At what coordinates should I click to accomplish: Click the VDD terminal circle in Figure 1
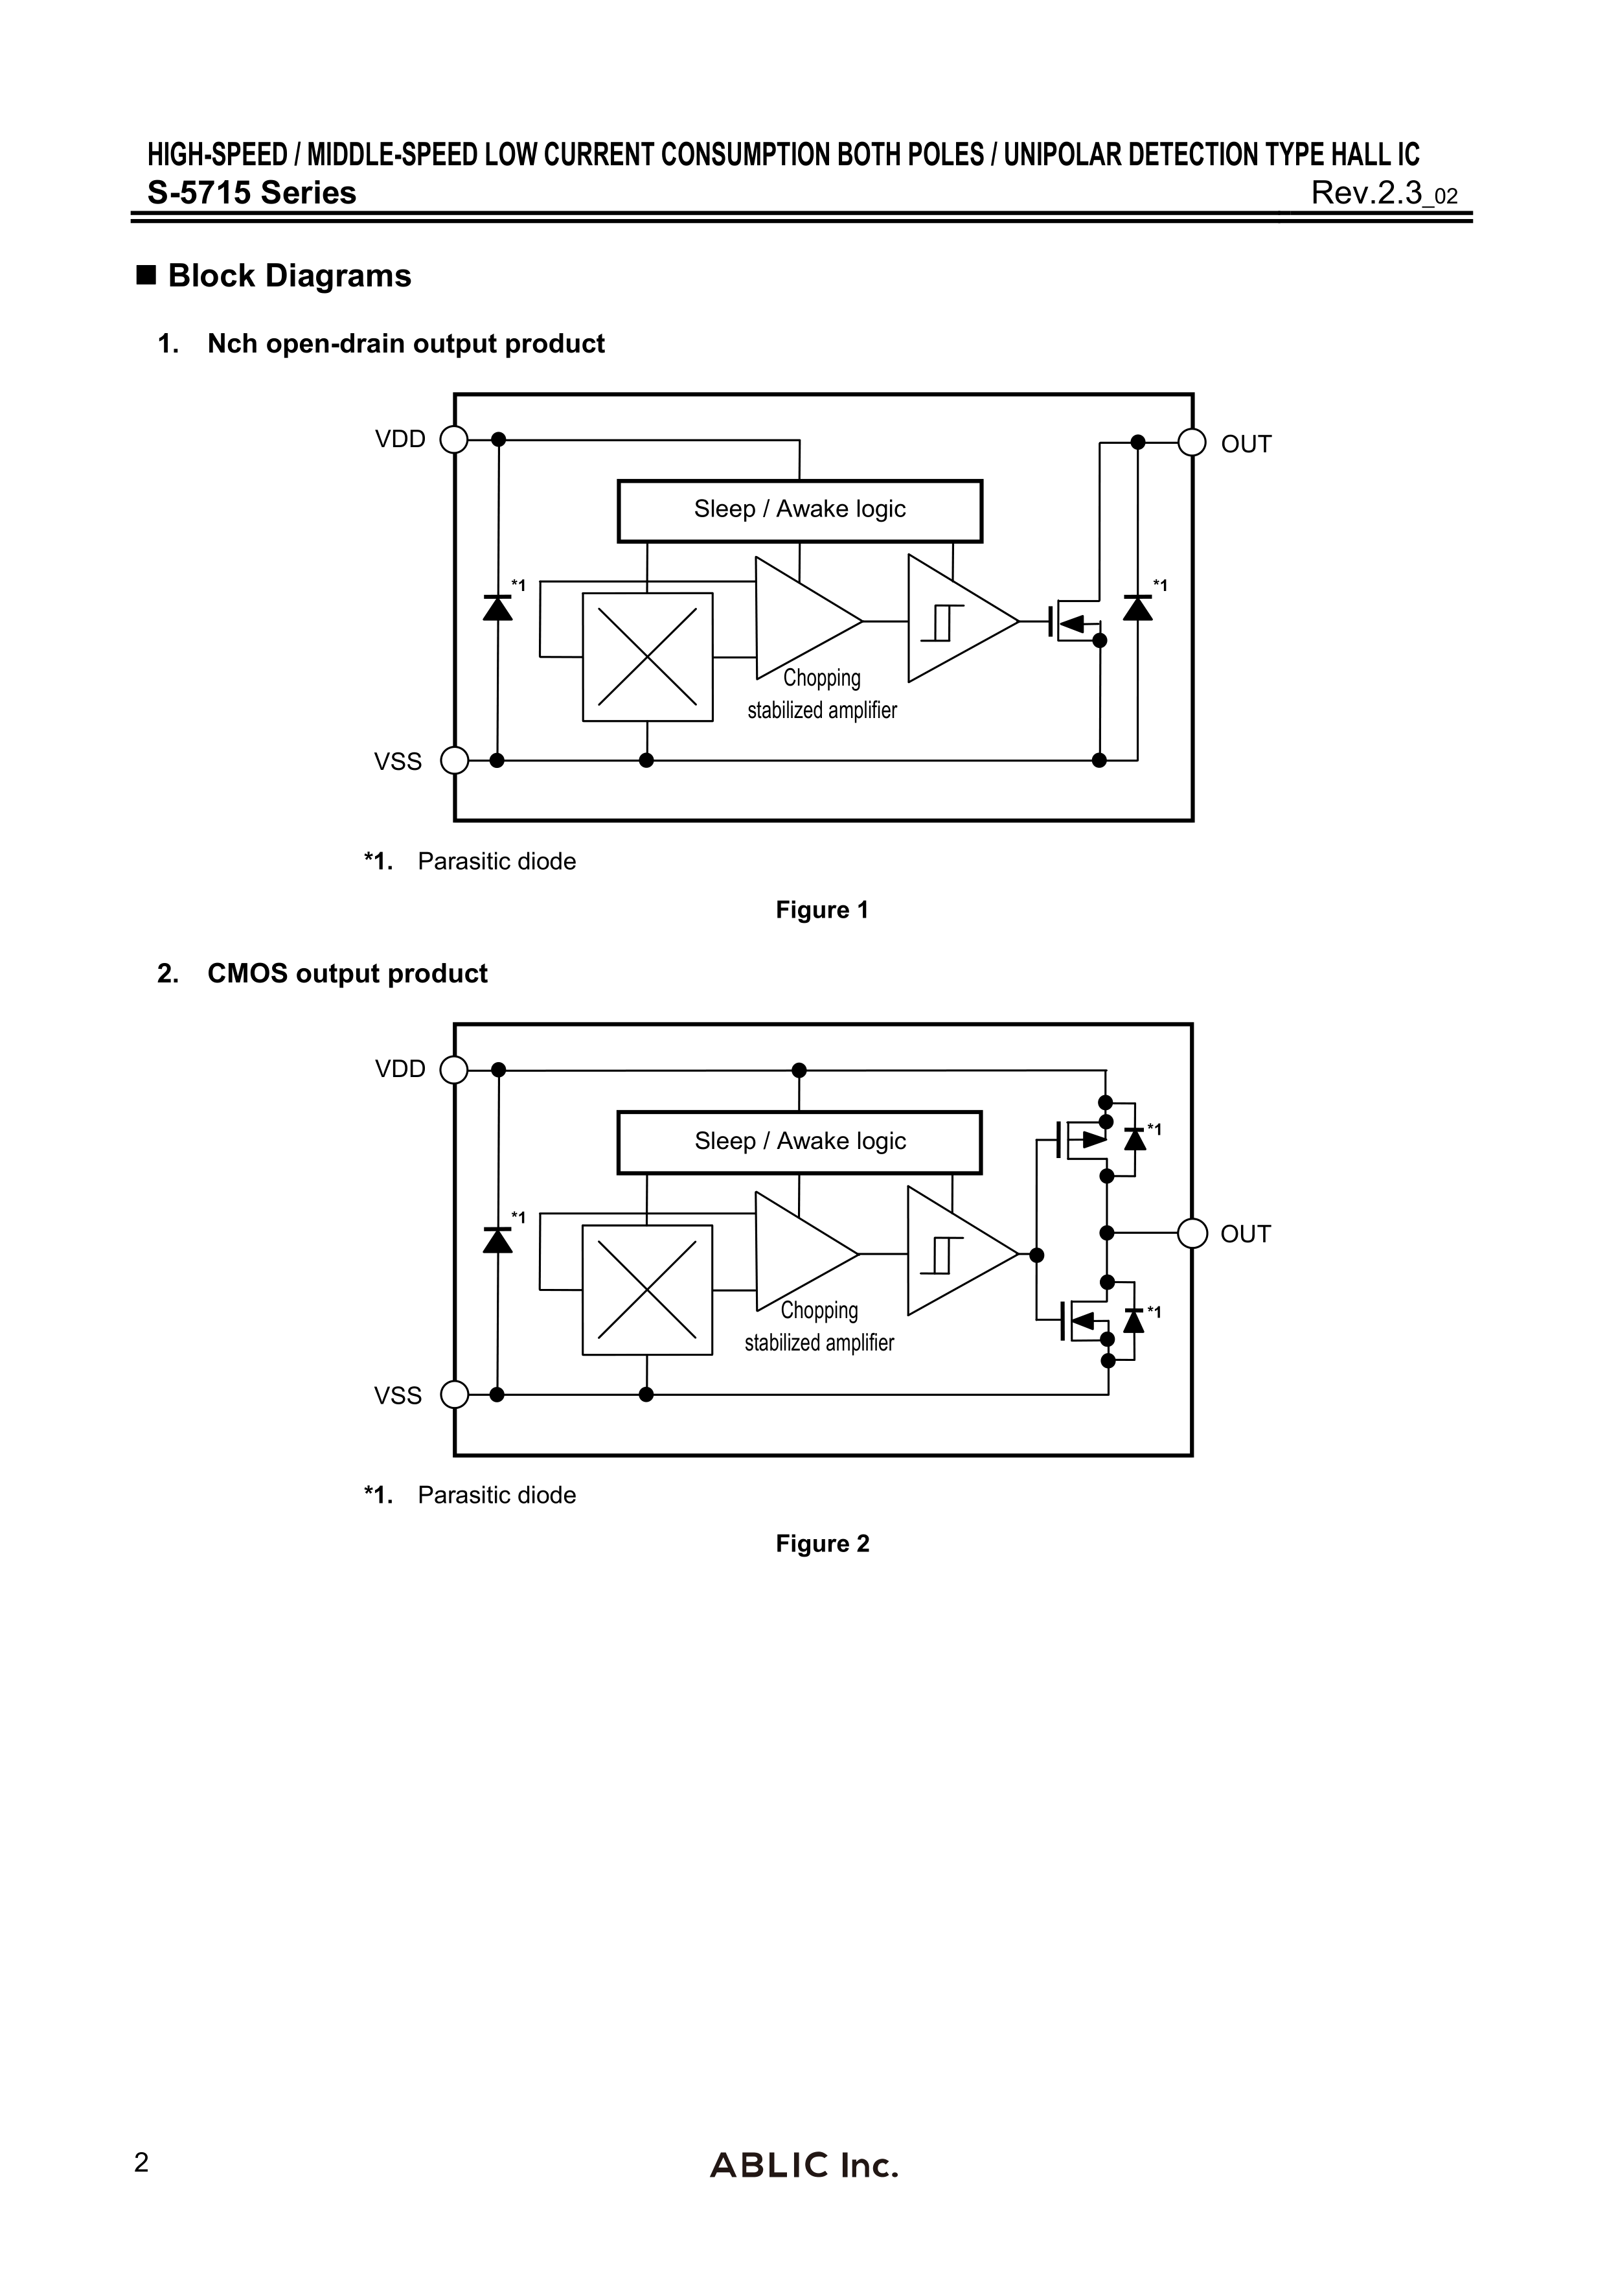pos(453,439)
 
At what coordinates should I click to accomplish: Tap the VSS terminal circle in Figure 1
pos(453,761)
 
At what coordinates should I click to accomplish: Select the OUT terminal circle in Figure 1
pos(1192,442)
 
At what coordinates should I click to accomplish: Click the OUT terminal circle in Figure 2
pos(1192,1233)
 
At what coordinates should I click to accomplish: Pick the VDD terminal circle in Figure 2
pos(453,1070)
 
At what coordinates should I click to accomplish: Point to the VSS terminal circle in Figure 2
pos(453,1395)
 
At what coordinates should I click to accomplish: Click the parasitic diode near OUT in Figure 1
pos(1137,607)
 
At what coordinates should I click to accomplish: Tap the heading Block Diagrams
pos(289,275)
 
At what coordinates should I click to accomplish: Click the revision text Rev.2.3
pos(1367,192)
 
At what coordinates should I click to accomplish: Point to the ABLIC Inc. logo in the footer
pos(804,2165)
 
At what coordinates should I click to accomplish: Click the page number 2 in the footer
pos(142,2163)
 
